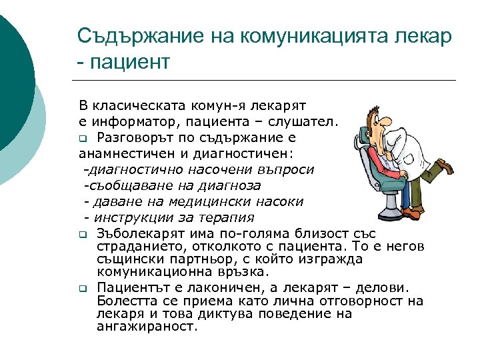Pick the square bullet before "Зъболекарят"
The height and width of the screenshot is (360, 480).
(82, 235)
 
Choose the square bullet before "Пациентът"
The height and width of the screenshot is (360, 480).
(82, 289)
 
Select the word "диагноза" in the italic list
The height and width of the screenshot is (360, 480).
(233, 185)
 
